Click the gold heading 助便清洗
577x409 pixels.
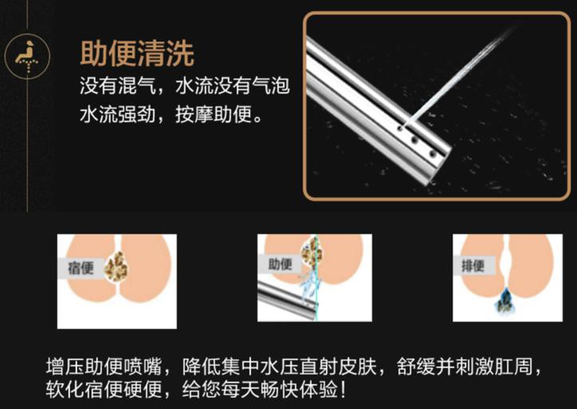(137, 54)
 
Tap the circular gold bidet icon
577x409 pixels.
(27, 57)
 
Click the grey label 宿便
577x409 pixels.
(81, 268)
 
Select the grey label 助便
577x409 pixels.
(280, 264)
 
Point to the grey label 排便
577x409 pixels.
(473, 265)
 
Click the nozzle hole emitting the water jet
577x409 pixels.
(400, 129)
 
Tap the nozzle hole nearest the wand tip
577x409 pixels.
(433, 153)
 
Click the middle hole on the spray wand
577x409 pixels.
(415, 141)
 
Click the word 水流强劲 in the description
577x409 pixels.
(118, 114)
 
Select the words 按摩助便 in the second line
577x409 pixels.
(213, 114)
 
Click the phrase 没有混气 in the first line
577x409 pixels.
(118, 85)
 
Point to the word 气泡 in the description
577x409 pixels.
(271, 85)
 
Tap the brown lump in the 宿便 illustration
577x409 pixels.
(117, 266)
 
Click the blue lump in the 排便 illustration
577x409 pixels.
(504, 300)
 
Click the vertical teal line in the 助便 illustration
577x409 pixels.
(316, 277)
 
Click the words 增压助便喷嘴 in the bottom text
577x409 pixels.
(104, 367)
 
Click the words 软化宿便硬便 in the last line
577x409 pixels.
(104, 390)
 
